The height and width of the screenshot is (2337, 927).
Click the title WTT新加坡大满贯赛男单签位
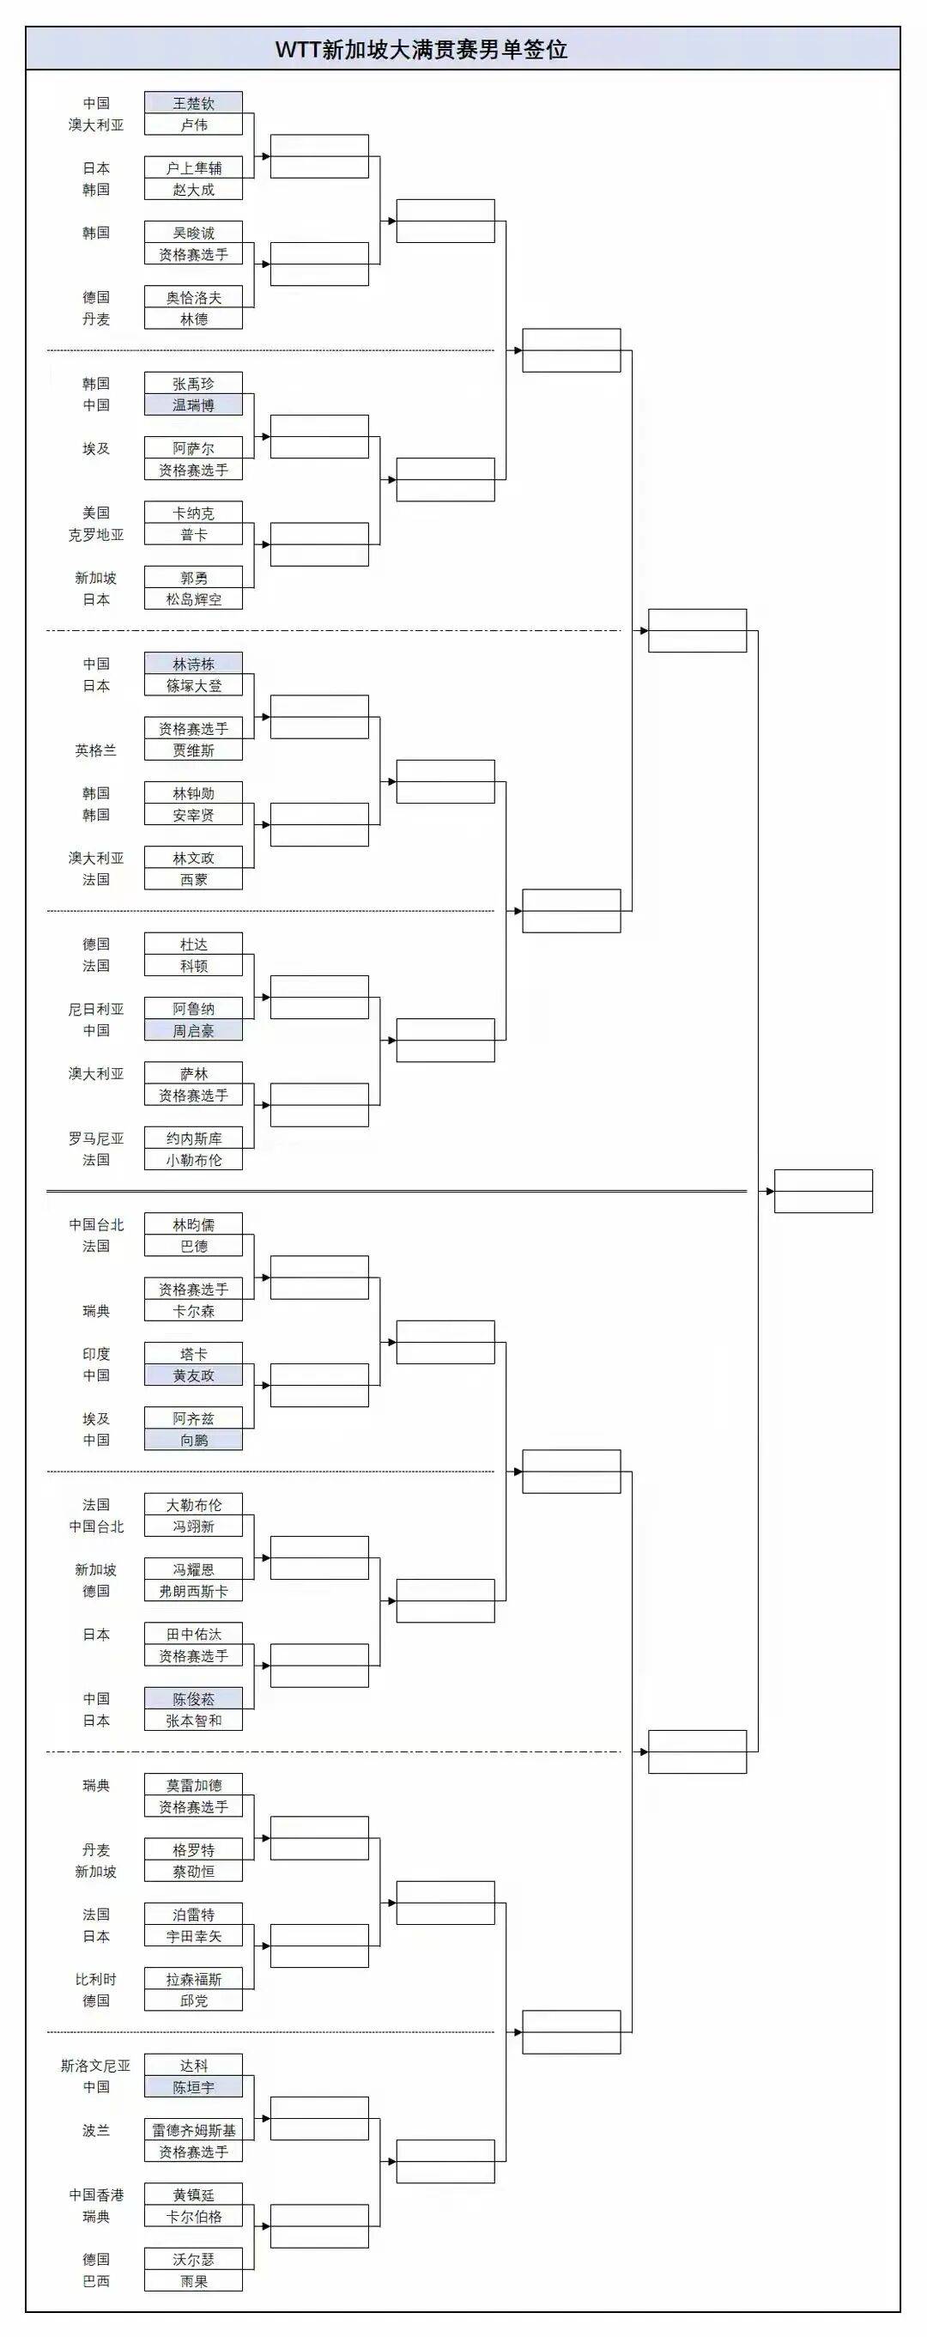421,49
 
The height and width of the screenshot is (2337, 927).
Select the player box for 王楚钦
193,103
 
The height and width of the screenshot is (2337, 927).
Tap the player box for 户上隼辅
193,167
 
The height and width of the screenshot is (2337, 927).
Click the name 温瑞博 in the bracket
193,405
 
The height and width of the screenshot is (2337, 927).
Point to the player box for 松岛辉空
193,599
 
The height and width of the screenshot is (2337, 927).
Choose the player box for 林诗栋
193,664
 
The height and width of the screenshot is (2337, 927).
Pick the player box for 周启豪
193,1030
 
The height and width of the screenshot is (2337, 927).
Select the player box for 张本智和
193,1720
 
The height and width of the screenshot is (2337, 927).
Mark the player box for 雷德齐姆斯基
193,2130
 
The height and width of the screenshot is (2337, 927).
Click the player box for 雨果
193,2280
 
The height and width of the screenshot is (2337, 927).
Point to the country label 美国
96,513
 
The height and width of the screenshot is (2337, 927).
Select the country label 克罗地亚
96,535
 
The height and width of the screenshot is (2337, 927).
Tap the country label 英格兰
96,750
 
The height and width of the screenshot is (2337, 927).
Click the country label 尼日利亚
96,1009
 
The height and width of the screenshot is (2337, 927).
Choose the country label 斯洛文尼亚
96,2066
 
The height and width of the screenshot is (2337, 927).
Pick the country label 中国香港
96,2194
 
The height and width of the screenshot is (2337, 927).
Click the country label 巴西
96,2280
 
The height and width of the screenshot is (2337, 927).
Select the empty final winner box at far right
822,1191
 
